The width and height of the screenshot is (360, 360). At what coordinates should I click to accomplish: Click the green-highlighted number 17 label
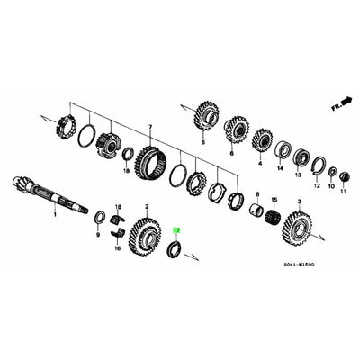[176, 231]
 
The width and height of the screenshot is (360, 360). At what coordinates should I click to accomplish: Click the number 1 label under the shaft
[54, 216]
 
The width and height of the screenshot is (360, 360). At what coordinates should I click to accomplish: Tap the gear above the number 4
[262, 141]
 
